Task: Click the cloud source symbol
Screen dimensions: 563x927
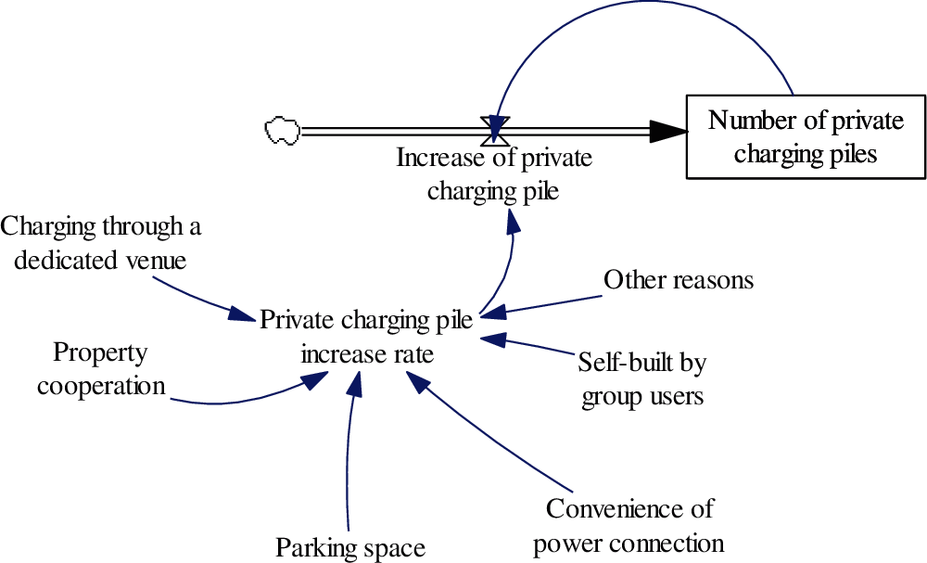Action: (x=281, y=131)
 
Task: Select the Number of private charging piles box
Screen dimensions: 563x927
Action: (x=805, y=135)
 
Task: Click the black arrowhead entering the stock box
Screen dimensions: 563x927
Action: (x=667, y=132)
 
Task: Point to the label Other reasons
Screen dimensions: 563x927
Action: (x=679, y=279)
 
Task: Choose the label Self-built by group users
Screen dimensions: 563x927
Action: (x=641, y=378)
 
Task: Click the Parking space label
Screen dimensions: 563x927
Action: (x=349, y=547)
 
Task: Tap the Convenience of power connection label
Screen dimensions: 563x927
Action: (x=629, y=525)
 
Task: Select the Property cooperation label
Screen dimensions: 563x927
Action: (x=100, y=369)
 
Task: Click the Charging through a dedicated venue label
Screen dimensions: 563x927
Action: (x=100, y=242)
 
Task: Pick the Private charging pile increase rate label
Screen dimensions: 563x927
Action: (x=366, y=337)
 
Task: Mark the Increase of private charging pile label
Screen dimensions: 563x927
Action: (x=494, y=174)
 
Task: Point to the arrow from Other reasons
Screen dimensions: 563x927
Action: (x=547, y=304)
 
